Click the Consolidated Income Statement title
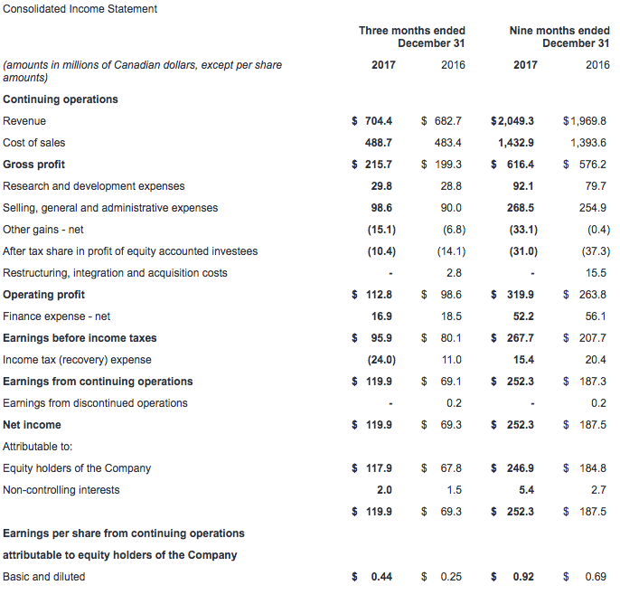pyautogui.click(x=80, y=9)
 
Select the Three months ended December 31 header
pyautogui.click(x=411, y=37)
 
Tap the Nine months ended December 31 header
pyautogui.click(x=559, y=37)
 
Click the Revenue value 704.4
pyautogui.click(x=379, y=120)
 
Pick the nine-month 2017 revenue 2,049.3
pyautogui.click(x=515, y=120)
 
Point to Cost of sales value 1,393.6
pyautogui.click(x=588, y=142)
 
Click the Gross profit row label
pyautogui.click(x=33, y=165)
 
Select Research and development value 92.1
pyautogui.click(x=523, y=186)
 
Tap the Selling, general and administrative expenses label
pyautogui.click(x=110, y=208)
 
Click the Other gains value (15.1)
pyautogui.click(x=381, y=230)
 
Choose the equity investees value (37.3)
pyautogui.click(x=596, y=251)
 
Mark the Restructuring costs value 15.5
pyautogui.click(x=596, y=273)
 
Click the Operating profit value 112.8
pyautogui.click(x=379, y=294)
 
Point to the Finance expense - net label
pyautogui.click(x=57, y=316)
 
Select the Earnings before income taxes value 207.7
pyautogui.click(x=593, y=338)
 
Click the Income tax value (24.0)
pyautogui.click(x=381, y=360)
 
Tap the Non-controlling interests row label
pyautogui.click(x=61, y=490)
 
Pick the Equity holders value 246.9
pyautogui.click(x=521, y=468)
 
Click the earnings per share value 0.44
pyautogui.click(x=381, y=577)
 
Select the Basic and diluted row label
pyautogui.click(x=44, y=577)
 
